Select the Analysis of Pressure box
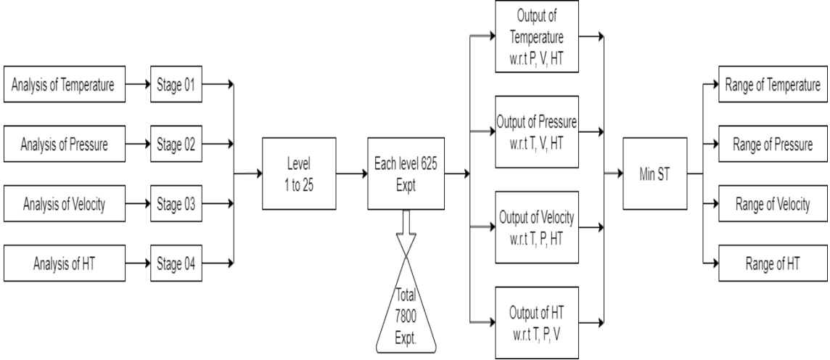tap(63, 145)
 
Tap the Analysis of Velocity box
tap(63, 205)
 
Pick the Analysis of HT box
tap(63, 263)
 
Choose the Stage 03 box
tap(176, 205)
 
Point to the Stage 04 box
tap(176, 263)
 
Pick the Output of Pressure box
tap(537, 131)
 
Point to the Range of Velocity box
tap(772, 205)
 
